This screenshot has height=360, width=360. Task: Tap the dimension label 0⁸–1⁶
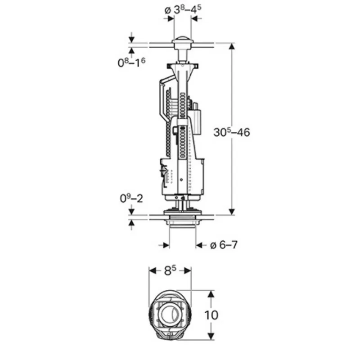click(131, 62)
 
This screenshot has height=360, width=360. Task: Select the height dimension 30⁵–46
click(232, 132)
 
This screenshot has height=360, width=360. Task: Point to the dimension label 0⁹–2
click(131, 198)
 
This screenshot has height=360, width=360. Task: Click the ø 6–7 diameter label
click(224, 245)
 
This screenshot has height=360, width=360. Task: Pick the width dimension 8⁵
click(170, 270)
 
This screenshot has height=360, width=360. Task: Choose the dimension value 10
click(211, 315)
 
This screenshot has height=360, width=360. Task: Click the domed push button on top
click(183, 40)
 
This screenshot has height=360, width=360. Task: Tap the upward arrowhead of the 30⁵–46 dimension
click(232, 46)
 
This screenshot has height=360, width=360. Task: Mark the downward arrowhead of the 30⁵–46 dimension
click(232, 212)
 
